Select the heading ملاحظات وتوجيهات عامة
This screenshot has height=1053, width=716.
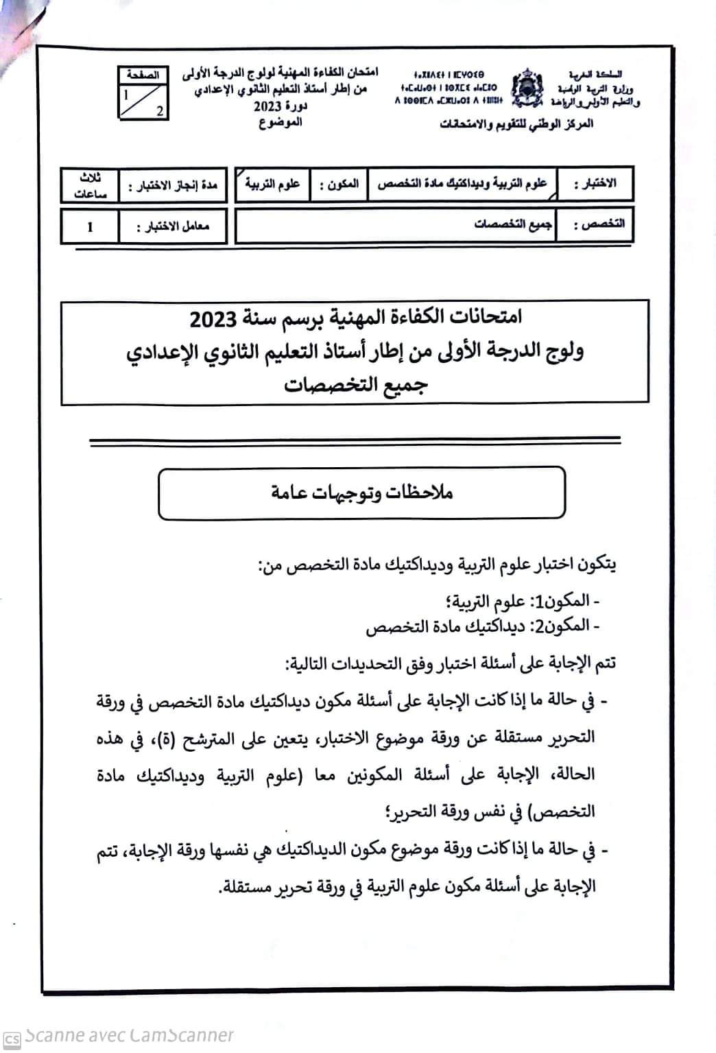point(362,493)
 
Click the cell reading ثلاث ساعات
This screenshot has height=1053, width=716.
point(91,185)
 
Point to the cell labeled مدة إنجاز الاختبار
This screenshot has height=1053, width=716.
point(172,185)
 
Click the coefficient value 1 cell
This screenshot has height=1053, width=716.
point(90,226)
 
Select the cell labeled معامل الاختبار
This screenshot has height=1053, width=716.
point(172,226)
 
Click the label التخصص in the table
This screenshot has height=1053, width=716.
point(598,225)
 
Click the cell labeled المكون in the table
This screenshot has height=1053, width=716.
point(339,185)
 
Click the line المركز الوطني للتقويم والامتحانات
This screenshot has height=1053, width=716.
point(516,124)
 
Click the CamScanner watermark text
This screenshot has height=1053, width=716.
point(127,1036)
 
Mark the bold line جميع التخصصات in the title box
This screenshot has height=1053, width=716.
point(356,384)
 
